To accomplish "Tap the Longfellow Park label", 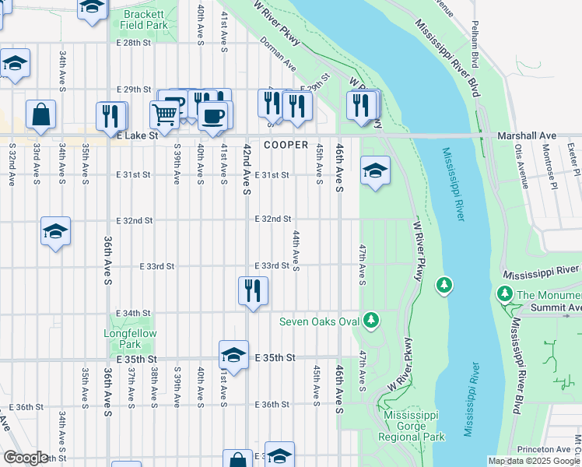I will (122, 339).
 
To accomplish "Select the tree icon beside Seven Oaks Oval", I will (372, 320).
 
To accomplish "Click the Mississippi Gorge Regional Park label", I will (415, 426).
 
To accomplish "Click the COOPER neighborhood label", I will (286, 146).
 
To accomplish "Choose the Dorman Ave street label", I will (279, 53).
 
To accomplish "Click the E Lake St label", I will (137, 135).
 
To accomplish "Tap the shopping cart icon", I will (165, 115).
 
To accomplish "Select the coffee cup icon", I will (212, 116).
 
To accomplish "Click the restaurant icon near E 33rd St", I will (253, 290).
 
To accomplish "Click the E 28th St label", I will (133, 43).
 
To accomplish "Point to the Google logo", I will (26, 458).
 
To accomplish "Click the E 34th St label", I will (133, 313).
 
